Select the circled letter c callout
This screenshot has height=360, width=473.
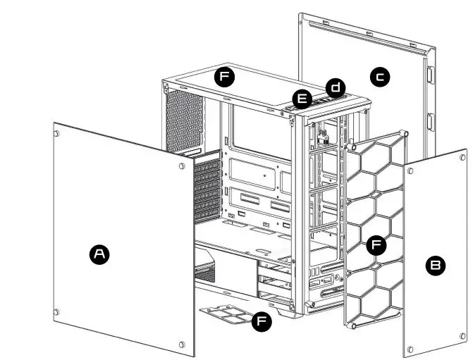(x=380, y=76)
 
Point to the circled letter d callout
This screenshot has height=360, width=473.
(x=336, y=88)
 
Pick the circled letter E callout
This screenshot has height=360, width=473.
(x=302, y=99)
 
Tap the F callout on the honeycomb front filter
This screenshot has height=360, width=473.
(x=377, y=245)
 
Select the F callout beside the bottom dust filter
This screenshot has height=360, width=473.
(x=262, y=321)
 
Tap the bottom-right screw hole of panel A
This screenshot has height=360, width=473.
(x=182, y=345)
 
